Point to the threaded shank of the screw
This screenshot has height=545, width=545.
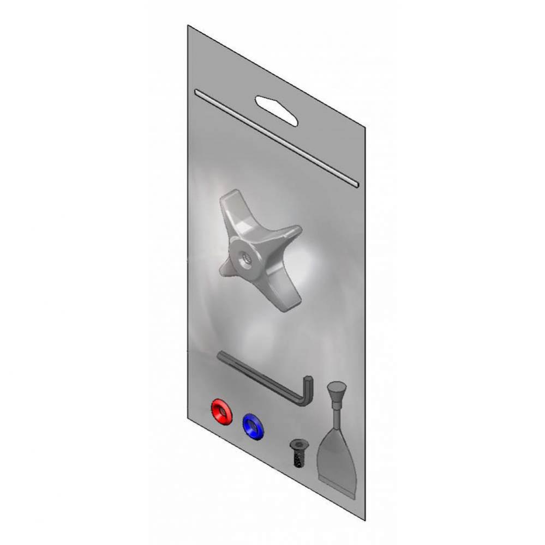pos(297,459)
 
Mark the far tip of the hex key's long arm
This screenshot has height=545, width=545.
pos(220,355)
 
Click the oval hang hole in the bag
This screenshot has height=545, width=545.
pos(277,111)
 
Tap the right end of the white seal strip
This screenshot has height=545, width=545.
pos(356,185)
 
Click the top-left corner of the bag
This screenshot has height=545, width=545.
pos(188,26)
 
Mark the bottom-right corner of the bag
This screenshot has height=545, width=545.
pos(364,519)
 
